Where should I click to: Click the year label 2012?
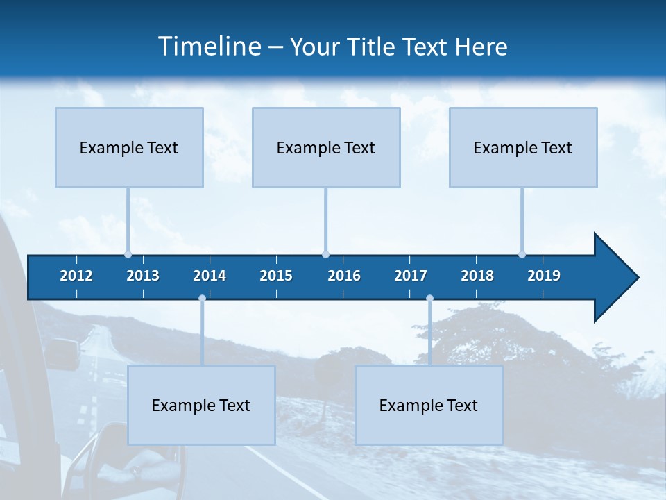[x=76, y=276]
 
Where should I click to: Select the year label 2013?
[x=143, y=276]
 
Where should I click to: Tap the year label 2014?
[x=210, y=276]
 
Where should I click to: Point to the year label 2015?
[x=276, y=276]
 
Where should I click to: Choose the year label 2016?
[x=344, y=276]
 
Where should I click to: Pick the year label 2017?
[x=411, y=276]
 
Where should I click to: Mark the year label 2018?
[x=477, y=276]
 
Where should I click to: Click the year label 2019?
[x=544, y=276]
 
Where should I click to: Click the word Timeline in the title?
[x=209, y=47]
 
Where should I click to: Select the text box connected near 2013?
[x=129, y=147]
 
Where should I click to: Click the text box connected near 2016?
[x=326, y=147]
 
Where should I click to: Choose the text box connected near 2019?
[x=523, y=147]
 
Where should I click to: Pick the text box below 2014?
[x=201, y=405]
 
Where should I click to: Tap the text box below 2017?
[x=429, y=405]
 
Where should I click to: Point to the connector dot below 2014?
[x=202, y=299]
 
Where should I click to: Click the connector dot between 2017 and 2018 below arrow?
[x=429, y=299]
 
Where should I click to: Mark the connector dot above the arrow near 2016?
[x=325, y=254]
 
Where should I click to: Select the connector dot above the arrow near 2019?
[x=522, y=254]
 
